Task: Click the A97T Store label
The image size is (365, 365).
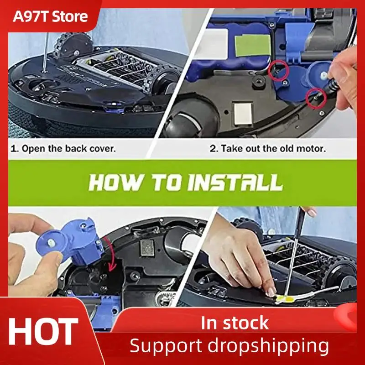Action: coord(50,17)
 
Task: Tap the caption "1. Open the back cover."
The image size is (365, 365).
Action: coord(63,148)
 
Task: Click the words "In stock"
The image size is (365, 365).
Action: coord(235,323)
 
